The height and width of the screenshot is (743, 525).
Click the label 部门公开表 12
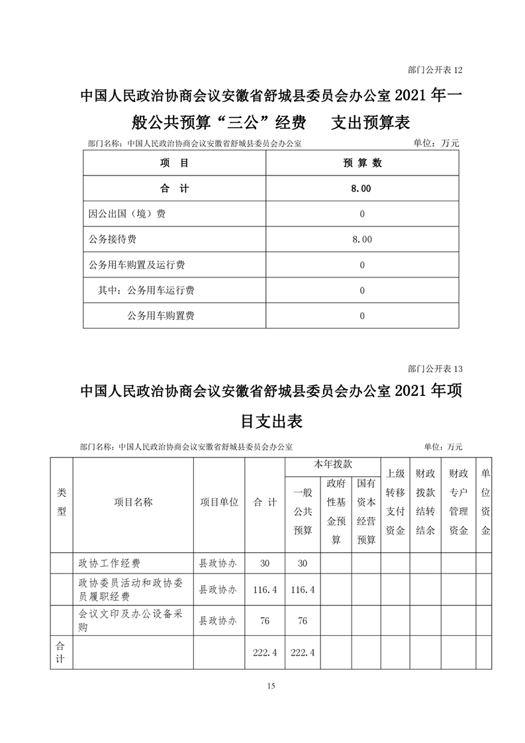point(430,70)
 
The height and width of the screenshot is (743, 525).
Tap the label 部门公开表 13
point(430,369)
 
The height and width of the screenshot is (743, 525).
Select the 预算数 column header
point(362,163)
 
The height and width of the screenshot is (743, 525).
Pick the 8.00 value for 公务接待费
point(362,239)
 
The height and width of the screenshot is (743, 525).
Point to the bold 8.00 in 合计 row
point(362,189)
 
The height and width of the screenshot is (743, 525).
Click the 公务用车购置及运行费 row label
point(136,265)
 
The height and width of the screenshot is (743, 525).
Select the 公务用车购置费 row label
point(161,316)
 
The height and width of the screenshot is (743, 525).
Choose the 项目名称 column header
point(133,502)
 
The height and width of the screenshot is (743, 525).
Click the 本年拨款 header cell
point(332,466)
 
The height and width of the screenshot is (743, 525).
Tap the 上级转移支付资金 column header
point(395,502)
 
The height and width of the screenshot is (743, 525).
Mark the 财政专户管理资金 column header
point(458,502)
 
